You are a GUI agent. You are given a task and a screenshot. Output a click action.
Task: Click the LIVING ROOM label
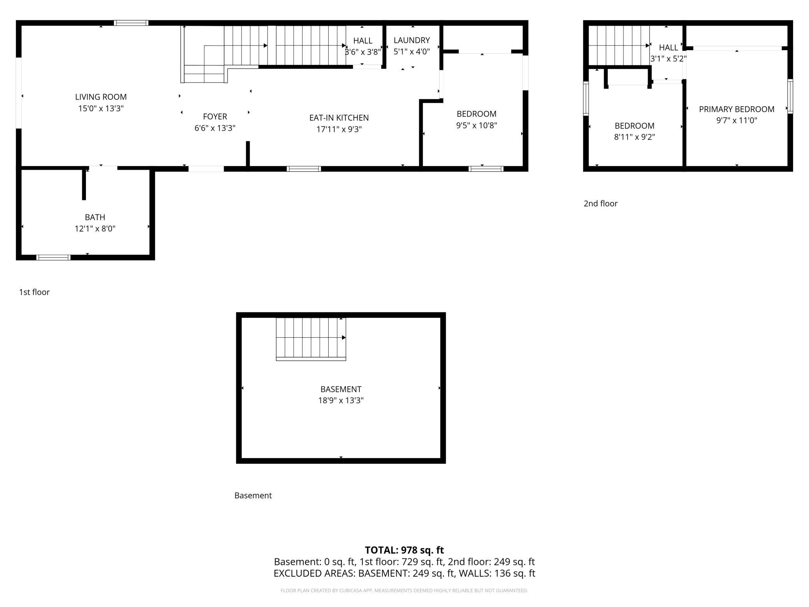pyautogui.click(x=101, y=97)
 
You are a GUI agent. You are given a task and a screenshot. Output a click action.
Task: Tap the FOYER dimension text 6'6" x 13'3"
pyautogui.click(x=215, y=128)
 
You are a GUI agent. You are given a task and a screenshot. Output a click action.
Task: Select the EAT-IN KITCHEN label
pyautogui.click(x=339, y=118)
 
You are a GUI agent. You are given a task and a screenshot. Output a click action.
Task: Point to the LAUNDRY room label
pyautogui.click(x=412, y=40)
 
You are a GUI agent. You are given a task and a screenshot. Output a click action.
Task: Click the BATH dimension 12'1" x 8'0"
pyautogui.click(x=95, y=228)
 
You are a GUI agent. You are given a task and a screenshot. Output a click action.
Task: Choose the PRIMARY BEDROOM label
pyautogui.click(x=737, y=109)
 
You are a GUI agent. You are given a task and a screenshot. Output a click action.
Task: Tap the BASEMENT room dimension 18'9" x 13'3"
pyautogui.click(x=341, y=400)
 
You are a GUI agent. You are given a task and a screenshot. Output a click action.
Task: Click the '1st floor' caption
pyautogui.click(x=34, y=292)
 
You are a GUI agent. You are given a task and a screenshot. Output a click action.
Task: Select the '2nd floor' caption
pyautogui.click(x=601, y=204)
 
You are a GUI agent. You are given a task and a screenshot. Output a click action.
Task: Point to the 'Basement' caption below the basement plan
pyautogui.click(x=253, y=495)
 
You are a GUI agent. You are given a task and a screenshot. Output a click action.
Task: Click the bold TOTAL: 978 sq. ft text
pyautogui.click(x=404, y=550)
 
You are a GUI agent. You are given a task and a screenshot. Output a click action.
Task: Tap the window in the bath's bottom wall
pyautogui.click(x=53, y=257)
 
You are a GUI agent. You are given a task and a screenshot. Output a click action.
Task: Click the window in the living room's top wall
pyautogui.click(x=131, y=23)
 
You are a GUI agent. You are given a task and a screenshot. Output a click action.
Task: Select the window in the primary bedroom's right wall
pyautogui.click(x=790, y=96)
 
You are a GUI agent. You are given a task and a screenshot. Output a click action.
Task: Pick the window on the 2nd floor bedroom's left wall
pyautogui.click(x=586, y=98)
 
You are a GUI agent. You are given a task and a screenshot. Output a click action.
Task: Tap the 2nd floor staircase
pyautogui.click(x=619, y=46)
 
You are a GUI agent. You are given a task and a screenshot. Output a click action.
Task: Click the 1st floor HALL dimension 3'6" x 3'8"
pyautogui.click(x=362, y=52)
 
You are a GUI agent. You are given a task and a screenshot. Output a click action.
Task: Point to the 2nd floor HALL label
pyautogui.click(x=669, y=47)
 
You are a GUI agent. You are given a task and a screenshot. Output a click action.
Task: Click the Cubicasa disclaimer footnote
pyautogui.click(x=404, y=591)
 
